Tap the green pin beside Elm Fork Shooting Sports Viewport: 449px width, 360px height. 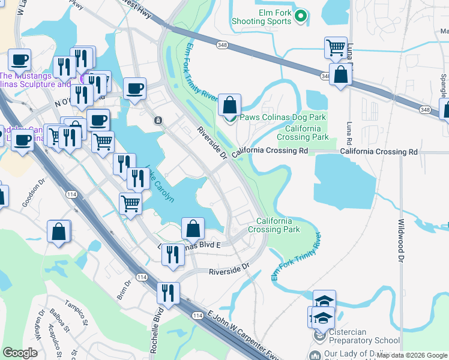click(x=301, y=16)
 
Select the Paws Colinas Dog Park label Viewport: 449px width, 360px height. click(x=283, y=117)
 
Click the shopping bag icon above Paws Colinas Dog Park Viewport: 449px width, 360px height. click(x=229, y=105)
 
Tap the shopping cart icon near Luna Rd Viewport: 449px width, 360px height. click(x=336, y=47)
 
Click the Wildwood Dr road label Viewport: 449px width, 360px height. click(x=401, y=240)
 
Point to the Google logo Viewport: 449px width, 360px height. click(x=20, y=353)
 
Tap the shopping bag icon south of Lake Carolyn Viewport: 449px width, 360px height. click(x=193, y=229)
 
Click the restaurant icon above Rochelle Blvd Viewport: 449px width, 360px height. click(x=167, y=293)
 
